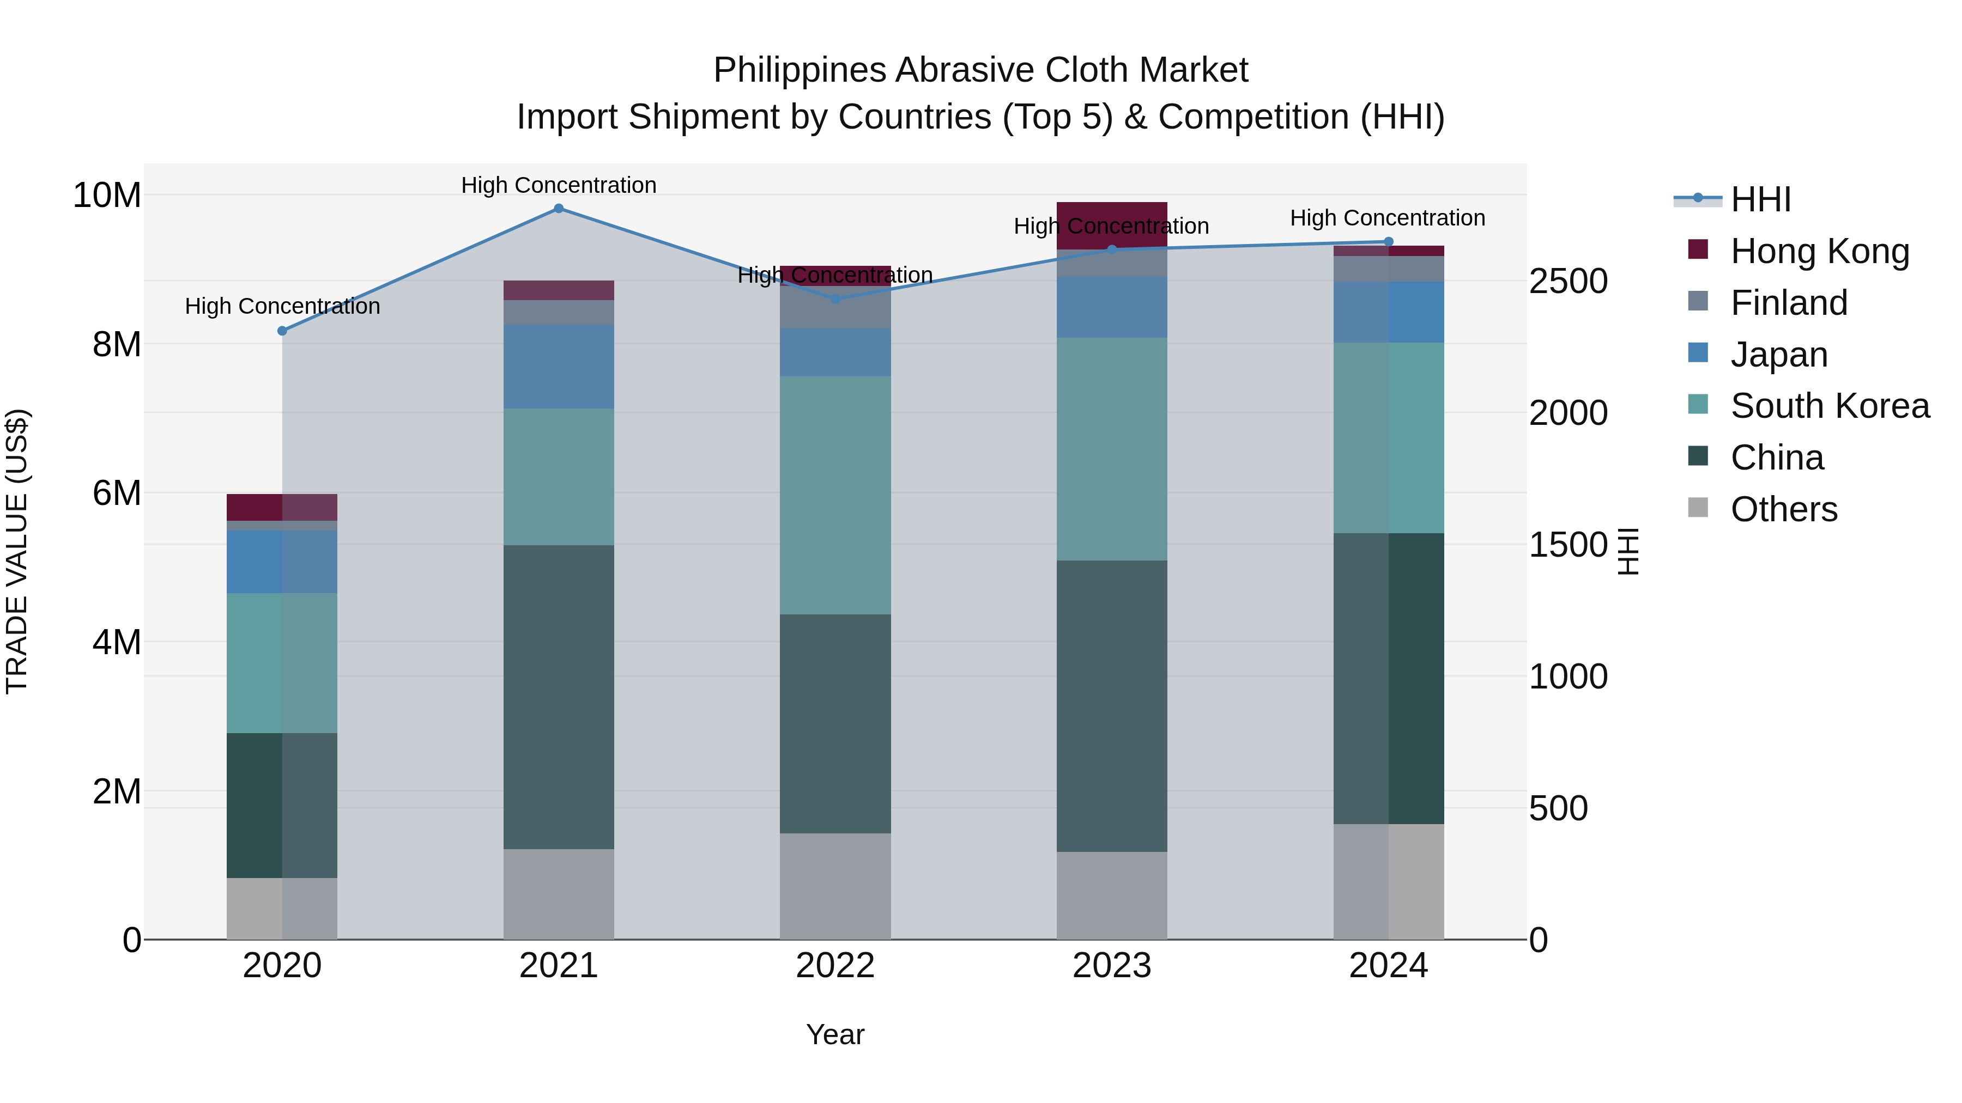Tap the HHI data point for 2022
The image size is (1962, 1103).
pyautogui.click(x=835, y=299)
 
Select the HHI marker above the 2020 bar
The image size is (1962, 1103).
pyautogui.click(x=282, y=331)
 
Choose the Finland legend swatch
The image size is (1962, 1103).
pyautogui.click(x=1698, y=301)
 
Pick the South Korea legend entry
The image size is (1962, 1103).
pyautogui.click(x=1830, y=406)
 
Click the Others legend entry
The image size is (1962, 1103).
pyautogui.click(x=1784, y=509)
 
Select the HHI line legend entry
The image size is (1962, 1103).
pyautogui.click(x=1760, y=199)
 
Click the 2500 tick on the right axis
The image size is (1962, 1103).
pyautogui.click(x=1568, y=282)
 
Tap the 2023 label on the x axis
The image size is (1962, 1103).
pyautogui.click(x=1111, y=966)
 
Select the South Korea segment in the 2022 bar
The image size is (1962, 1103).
pyautogui.click(x=835, y=495)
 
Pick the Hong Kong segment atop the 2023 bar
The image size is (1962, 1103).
pyautogui.click(x=1111, y=226)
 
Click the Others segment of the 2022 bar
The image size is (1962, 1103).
pyautogui.click(x=835, y=886)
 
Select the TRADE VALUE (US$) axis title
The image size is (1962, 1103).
pyautogui.click(x=17, y=551)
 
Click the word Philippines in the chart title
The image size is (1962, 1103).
pyautogui.click(x=799, y=71)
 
